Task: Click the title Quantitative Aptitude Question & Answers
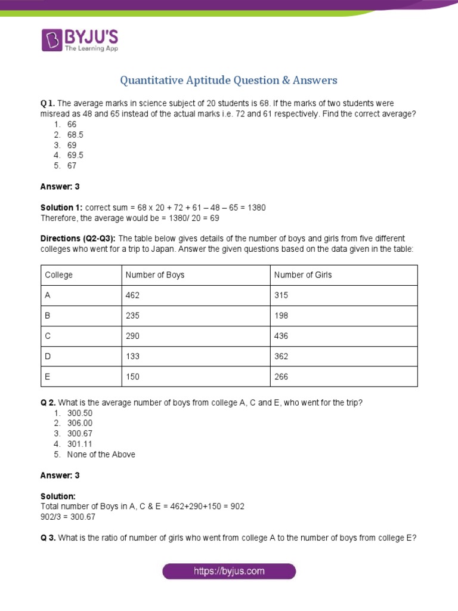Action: [x=229, y=80]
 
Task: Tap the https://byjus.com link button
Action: [x=229, y=571]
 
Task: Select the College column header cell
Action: [x=58, y=275]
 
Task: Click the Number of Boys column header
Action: [x=154, y=275]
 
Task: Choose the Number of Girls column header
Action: [x=303, y=275]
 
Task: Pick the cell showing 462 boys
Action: [x=132, y=295]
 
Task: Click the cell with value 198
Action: [x=281, y=316]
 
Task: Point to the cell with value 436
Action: [x=281, y=336]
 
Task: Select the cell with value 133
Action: [x=132, y=356]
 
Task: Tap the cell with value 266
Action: [x=281, y=377]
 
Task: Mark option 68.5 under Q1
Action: [x=75, y=135]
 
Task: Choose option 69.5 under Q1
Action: [x=75, y=155]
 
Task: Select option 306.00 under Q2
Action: [x=80, y=423]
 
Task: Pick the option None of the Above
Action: [x=101, y=454]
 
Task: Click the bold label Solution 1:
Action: [x=62, y=207]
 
